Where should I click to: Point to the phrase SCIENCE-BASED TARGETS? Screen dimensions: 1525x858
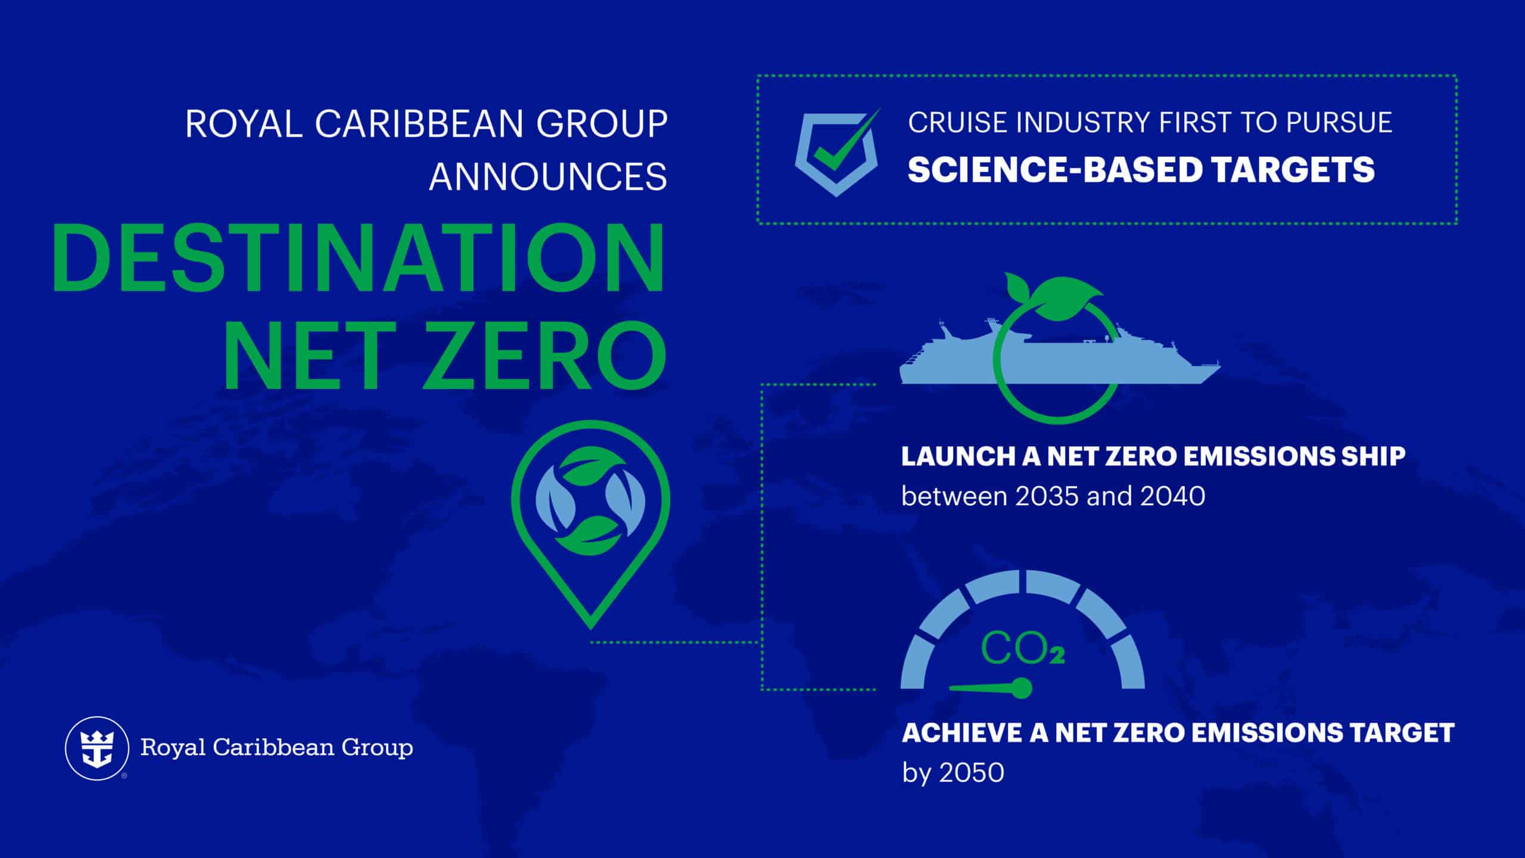coord(1141,170)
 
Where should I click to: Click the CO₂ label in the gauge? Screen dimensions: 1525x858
coord(1022,649)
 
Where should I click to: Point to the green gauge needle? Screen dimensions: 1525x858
coord(991,688)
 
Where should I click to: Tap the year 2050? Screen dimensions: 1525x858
coord(971,773)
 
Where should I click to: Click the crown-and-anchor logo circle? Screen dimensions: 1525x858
coord(97,748)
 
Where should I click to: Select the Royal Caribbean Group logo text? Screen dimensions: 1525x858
coord(276,748)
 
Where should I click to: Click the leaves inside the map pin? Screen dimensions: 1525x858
coord(590,499)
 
